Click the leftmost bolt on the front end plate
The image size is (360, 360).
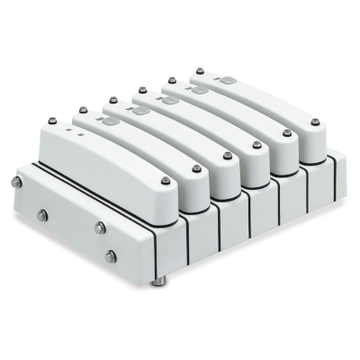tap(16, 183)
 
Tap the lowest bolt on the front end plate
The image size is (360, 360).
tap(111, 257)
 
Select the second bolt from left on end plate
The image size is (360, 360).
tap(42, 214)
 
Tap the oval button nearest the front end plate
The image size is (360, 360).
tap(111, 121)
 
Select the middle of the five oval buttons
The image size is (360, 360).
tap(167, 101)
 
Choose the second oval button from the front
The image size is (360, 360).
tap(140, 111)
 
